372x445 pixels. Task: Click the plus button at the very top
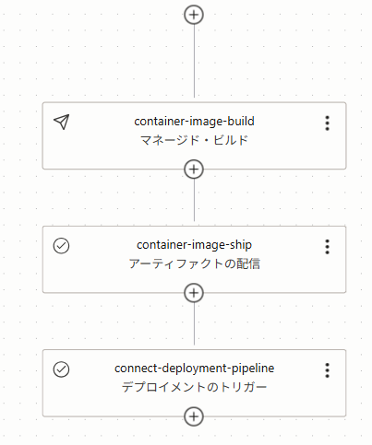pyautogui.click(x=194, y=15)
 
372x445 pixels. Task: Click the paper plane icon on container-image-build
pyautogui.click(x=62, y=122)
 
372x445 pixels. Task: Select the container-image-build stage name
pyautogui.click(x=194, y=122)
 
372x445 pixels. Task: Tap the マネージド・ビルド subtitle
pyautogui.click(x=194, y=140)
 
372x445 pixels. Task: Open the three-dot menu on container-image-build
pyautogui.click(x=328, y=123)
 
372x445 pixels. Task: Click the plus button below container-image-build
pyautogui.click(x=194, y=170)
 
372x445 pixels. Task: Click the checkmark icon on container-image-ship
pyautogui.click(x=61, y=246)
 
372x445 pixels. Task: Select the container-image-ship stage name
pyautogui.click(x=194, y=245)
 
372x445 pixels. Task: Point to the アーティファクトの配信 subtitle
pyautogui.click(x=194, y=263)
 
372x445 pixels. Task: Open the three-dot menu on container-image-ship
pyautogui.click(x=328, y=247)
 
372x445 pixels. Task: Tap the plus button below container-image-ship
pyautogui.click(x=194, y=293)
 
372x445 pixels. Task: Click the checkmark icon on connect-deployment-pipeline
pyautogui.click(x=61, y=369)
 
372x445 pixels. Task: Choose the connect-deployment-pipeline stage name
pyautogui.click(x=194, y=369)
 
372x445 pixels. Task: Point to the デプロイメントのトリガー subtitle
pyautogui.click(x=194, y=387)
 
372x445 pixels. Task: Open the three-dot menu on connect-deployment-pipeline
pyautogui.click(x=328, y=370)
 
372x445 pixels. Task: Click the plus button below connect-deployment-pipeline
pyautogui.click(x=194, y=416)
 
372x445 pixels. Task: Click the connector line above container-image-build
pyautogui.click(x=194, y=61)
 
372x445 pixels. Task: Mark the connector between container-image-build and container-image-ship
pyautogui.click(x=194, y=200)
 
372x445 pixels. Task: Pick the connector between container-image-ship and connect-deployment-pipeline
pyautogui.click(x=194, y=323)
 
